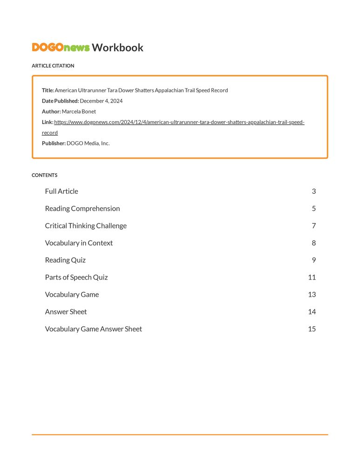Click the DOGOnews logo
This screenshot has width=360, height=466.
[61, 47]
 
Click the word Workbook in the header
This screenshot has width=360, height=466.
[117, 47]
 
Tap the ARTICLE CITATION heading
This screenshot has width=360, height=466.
[53, 66]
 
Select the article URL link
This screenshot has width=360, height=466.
[179, 122]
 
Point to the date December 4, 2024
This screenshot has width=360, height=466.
[101, 101]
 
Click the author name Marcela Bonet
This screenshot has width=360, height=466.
[79, 111]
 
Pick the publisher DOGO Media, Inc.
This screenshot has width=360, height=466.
[88, 143]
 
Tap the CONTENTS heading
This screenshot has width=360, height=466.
[44, 175]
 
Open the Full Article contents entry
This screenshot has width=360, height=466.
[61, 191]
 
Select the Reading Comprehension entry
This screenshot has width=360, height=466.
[82, 208]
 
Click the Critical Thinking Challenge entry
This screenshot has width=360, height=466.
[86, 226]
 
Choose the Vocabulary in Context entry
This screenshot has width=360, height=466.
[79, 243]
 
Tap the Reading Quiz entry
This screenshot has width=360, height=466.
[65, 260]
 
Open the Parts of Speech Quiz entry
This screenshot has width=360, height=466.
[76, 277]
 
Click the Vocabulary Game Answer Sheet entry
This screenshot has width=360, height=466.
[94, 329]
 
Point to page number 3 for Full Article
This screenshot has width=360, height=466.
[314, 191]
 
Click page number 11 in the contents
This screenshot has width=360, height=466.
[312, 277]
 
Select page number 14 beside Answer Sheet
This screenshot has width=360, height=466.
[312, 312]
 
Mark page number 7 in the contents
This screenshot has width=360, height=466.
[314, 226]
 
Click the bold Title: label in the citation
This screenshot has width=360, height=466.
[48, 90]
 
